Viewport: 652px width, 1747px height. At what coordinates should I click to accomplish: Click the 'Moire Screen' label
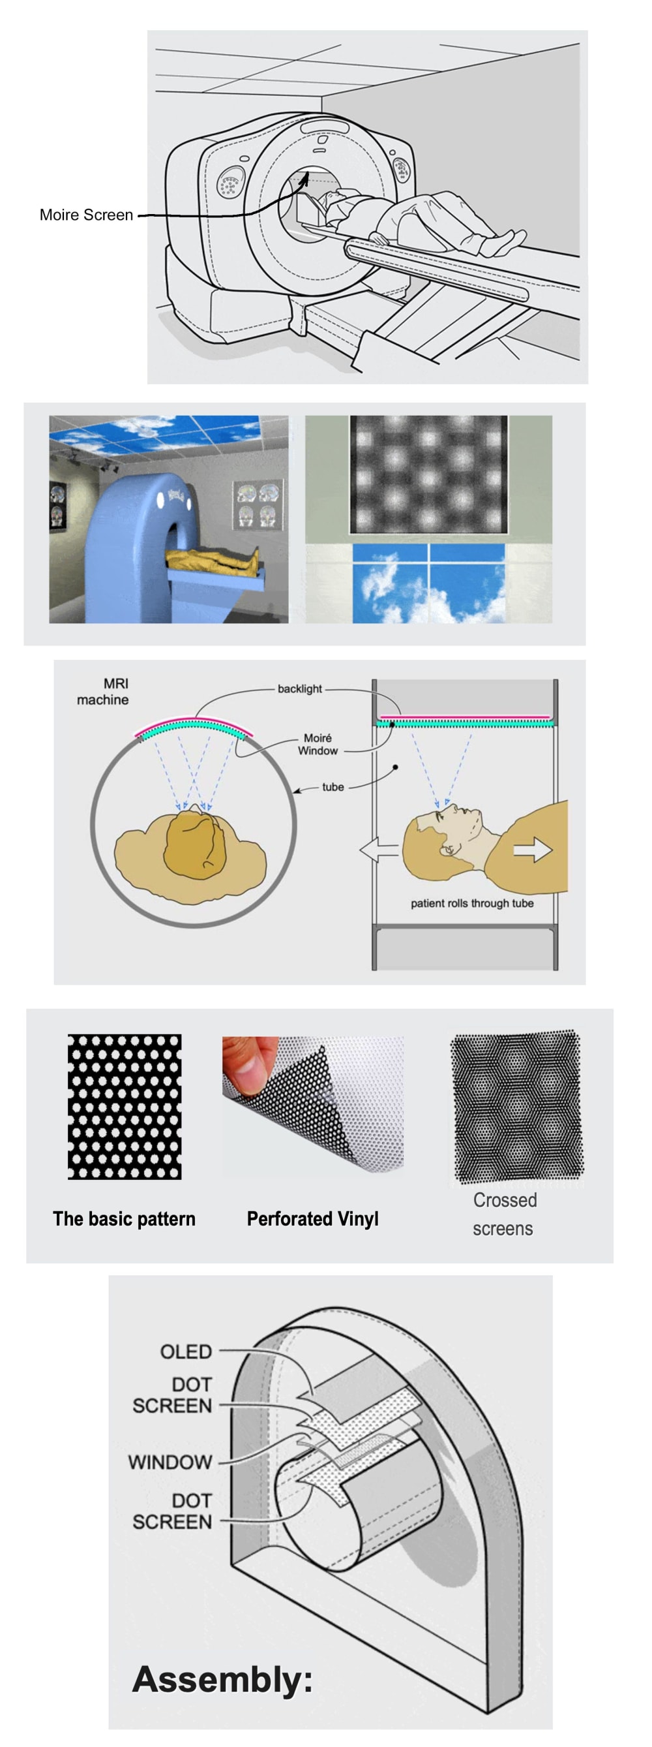86,215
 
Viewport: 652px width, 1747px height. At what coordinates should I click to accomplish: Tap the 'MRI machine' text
102,692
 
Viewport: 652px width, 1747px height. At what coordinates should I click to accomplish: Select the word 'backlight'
299,688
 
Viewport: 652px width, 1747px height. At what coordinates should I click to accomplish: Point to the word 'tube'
333,786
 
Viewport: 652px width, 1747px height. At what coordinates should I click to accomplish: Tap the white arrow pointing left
379,849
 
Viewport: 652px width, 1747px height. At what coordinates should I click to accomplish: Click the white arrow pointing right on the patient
533,849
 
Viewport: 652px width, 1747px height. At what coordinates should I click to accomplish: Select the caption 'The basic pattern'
124,1218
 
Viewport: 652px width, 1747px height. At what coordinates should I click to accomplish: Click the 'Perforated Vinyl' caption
312,1218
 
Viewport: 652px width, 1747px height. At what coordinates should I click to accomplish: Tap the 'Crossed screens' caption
503,1214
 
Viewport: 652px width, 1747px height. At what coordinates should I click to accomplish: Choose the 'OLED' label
186,1352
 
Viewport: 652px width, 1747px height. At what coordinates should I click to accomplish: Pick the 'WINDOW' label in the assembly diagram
170,1462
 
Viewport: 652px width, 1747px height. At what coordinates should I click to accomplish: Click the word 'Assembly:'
222,1679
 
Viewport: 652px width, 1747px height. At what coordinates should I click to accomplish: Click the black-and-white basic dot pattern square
125,1107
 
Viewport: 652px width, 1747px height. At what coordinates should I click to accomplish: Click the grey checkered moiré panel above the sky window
428,474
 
